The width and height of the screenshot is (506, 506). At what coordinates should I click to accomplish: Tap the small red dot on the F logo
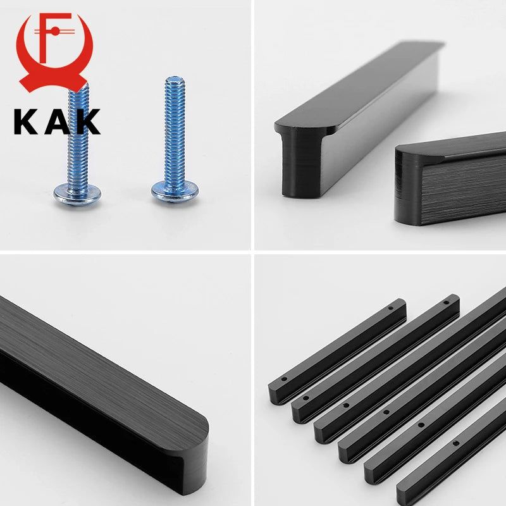tap(55, 31)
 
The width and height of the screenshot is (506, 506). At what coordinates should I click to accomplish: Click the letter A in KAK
tap(57, 121)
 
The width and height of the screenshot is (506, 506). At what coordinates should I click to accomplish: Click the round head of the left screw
tap(77, 195)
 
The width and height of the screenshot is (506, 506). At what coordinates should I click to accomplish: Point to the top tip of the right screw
tap(175, 77)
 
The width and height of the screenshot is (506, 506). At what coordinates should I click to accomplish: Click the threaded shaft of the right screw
tap(175, 132)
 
